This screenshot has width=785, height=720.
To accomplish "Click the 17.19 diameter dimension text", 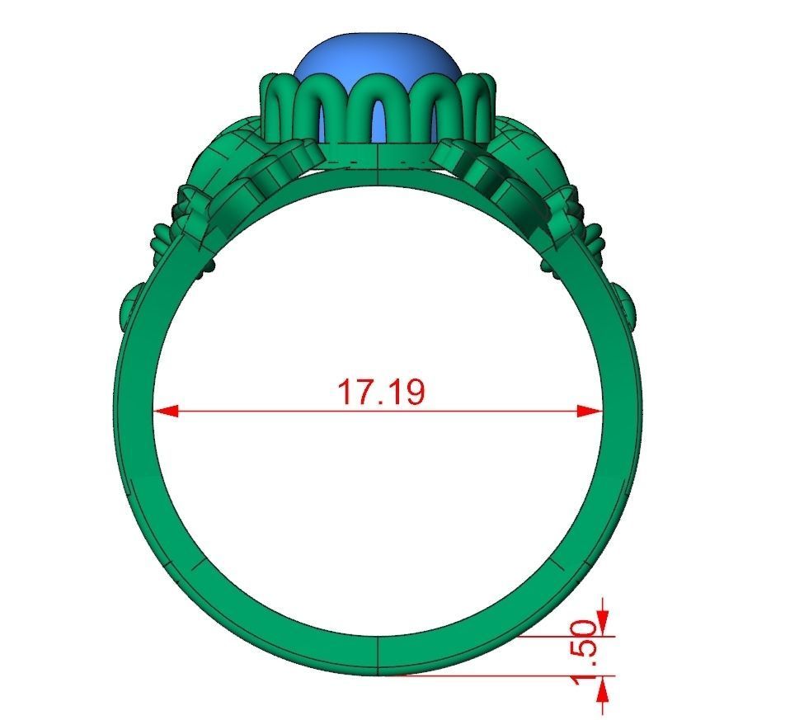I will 381,392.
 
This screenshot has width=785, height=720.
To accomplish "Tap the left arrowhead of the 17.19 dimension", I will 165,411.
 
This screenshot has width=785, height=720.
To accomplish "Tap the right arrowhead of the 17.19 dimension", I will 590,411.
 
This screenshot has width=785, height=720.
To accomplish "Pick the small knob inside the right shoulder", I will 548,264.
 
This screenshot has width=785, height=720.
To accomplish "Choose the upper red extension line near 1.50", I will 569,636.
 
